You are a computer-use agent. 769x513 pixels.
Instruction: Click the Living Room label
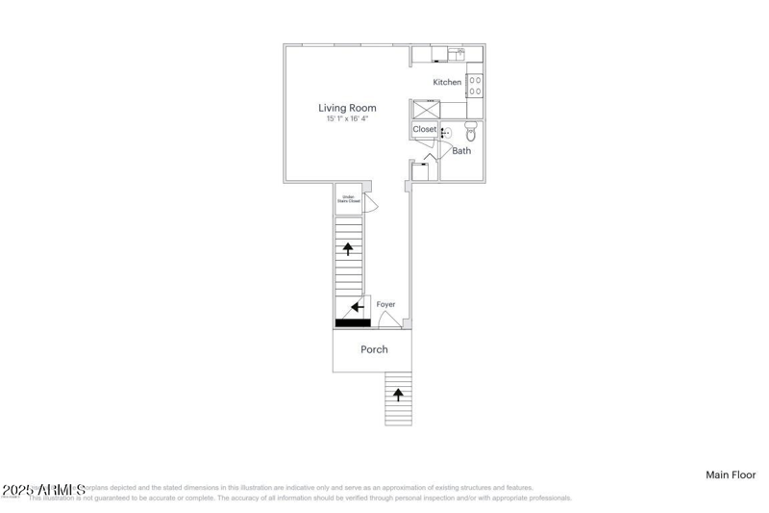(x=347, y=108)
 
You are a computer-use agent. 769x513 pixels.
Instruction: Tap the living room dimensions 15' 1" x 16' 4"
(x=347, y=119)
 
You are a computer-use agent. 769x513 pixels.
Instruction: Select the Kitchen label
(x=447, y=83)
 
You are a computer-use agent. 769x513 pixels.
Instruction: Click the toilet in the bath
(x=470, y=132)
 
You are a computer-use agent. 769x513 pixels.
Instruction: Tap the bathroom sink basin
(x=445, y=134)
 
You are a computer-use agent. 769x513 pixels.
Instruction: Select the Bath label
(x=461, y=151)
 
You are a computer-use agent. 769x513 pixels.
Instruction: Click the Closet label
(x=424, y=129)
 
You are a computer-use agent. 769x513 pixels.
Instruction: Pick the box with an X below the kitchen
(x=424, y=109)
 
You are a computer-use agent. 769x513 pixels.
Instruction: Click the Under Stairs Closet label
(x=347, y=199)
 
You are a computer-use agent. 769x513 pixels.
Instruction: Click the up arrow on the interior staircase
(x=348, y=248)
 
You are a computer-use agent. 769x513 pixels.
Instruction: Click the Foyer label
(x=385, y=304)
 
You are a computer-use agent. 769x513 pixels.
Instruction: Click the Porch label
(x=374, y=349)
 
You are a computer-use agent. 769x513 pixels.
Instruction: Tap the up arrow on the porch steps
(x=398, y=394)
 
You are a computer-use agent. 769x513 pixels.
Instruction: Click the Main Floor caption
(x=731, y=475)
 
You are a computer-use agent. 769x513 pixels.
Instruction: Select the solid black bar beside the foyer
(x=352, y=322)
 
